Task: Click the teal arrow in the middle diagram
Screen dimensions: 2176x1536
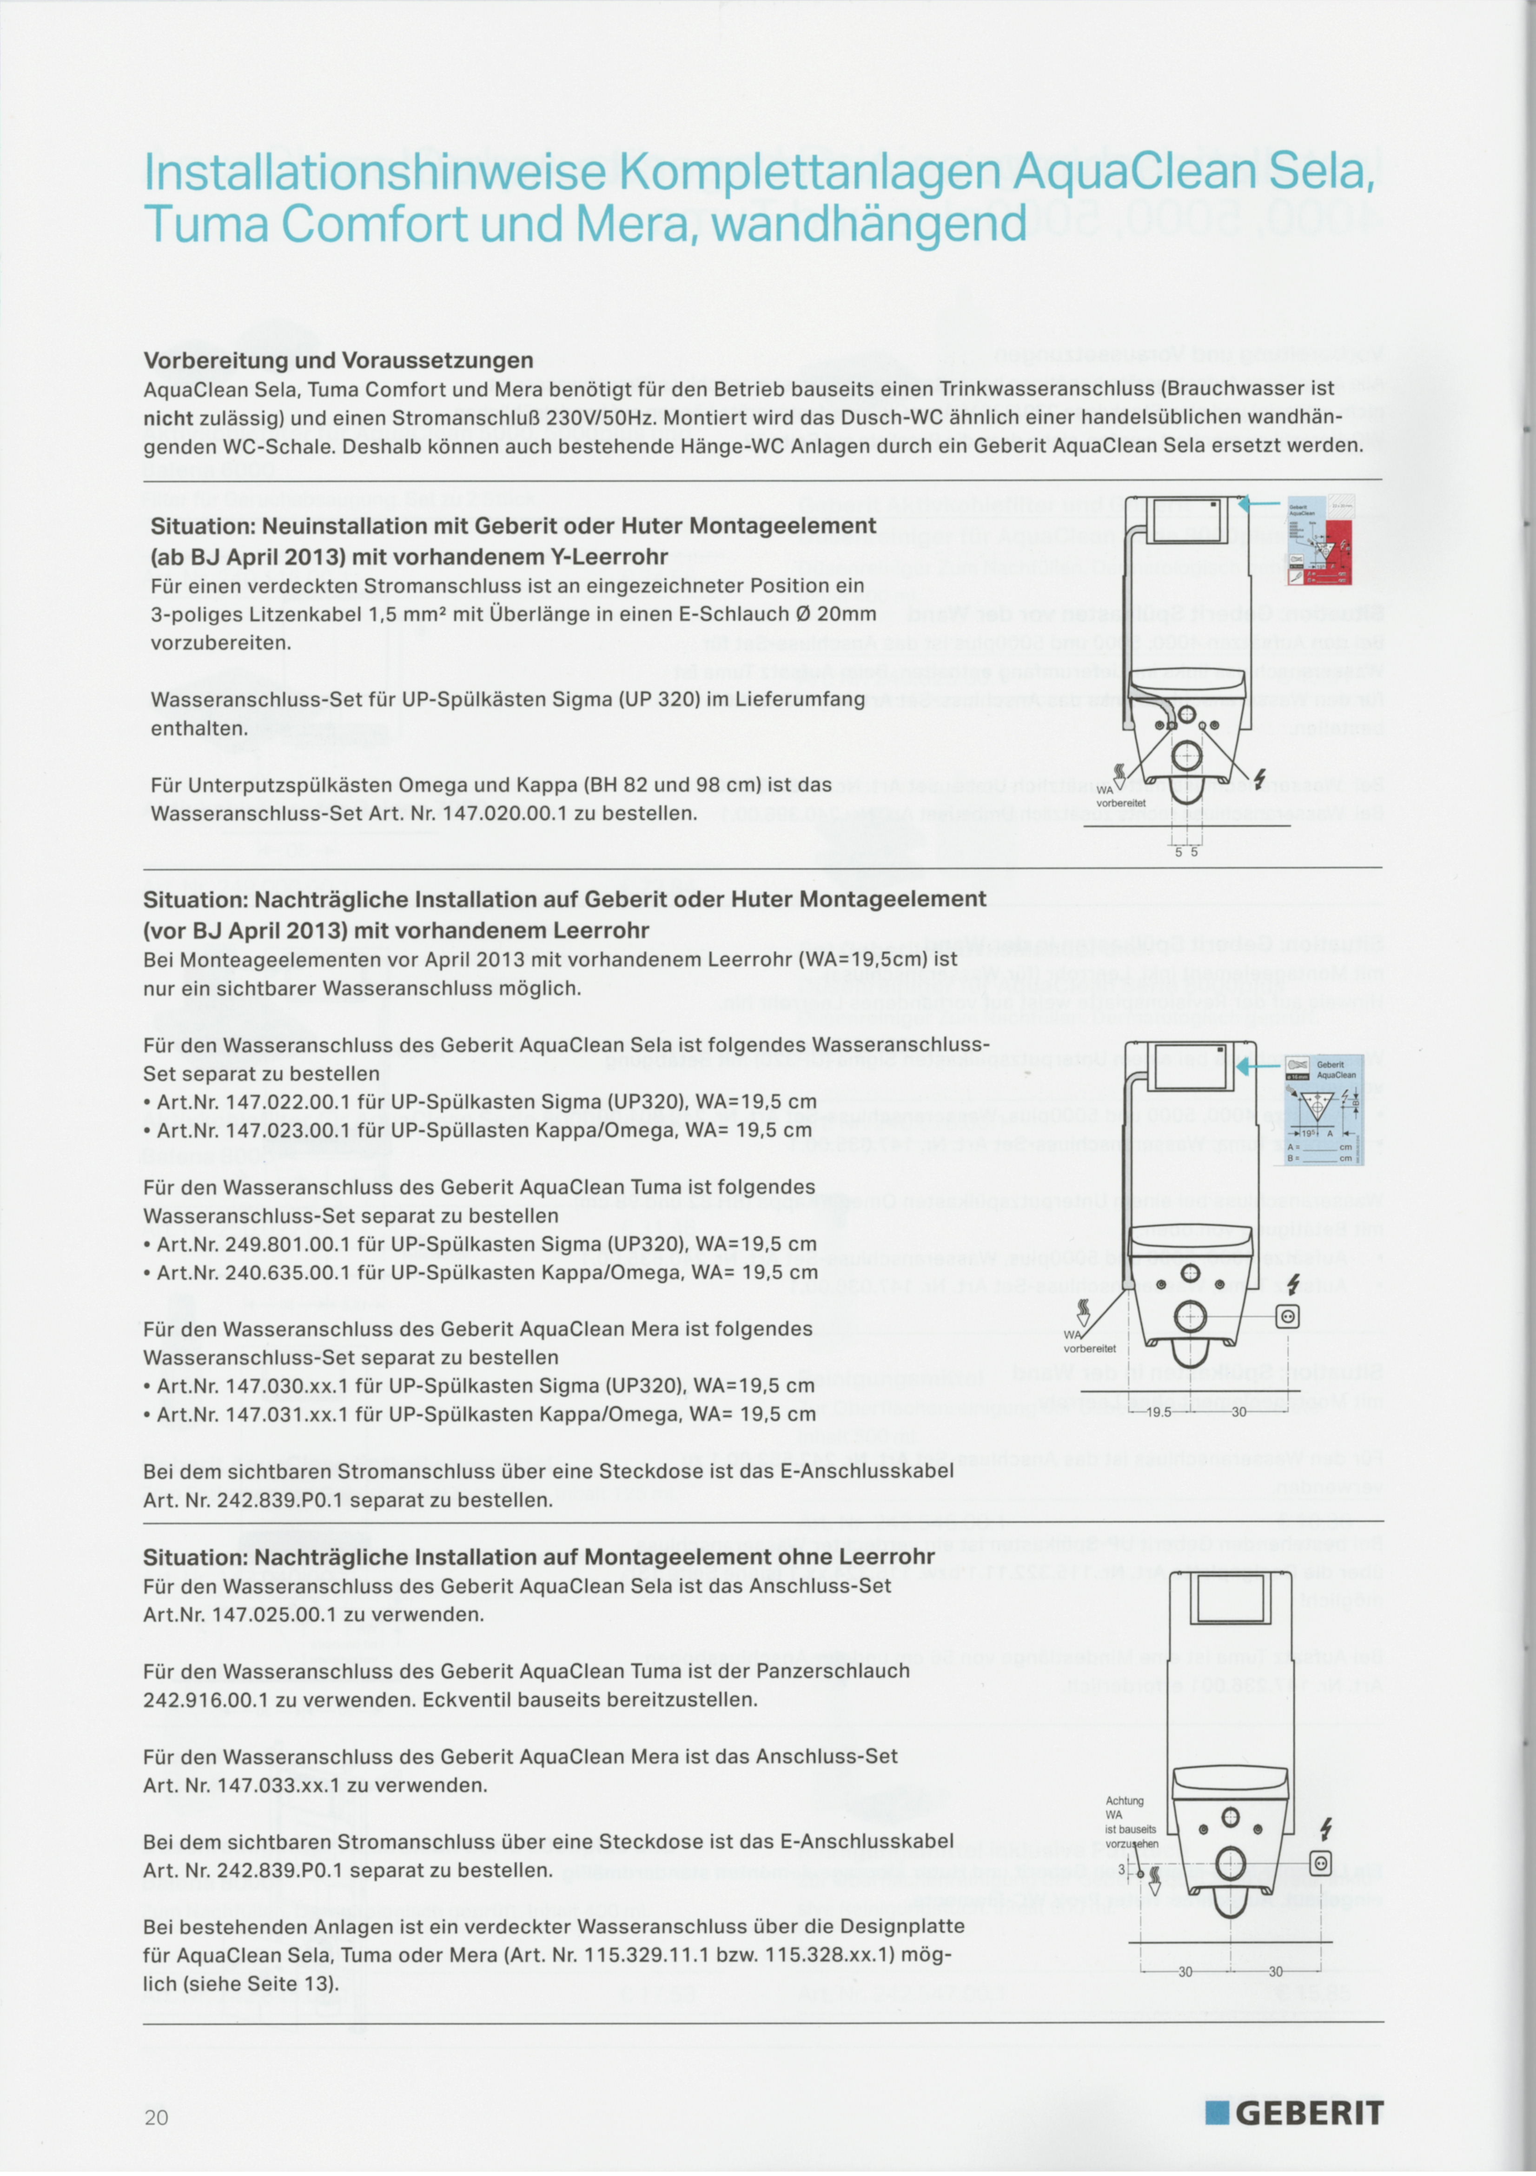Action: click(1258, 1067)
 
